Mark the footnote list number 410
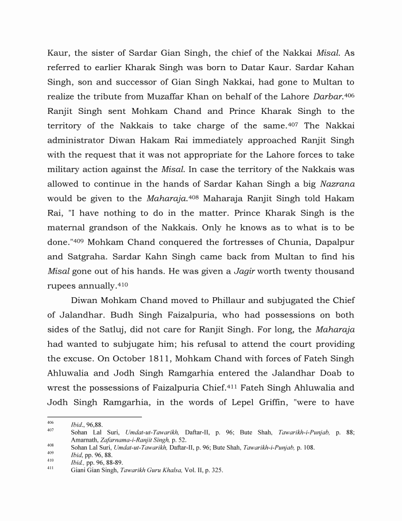point(50,461)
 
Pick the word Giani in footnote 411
point(79,469)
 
